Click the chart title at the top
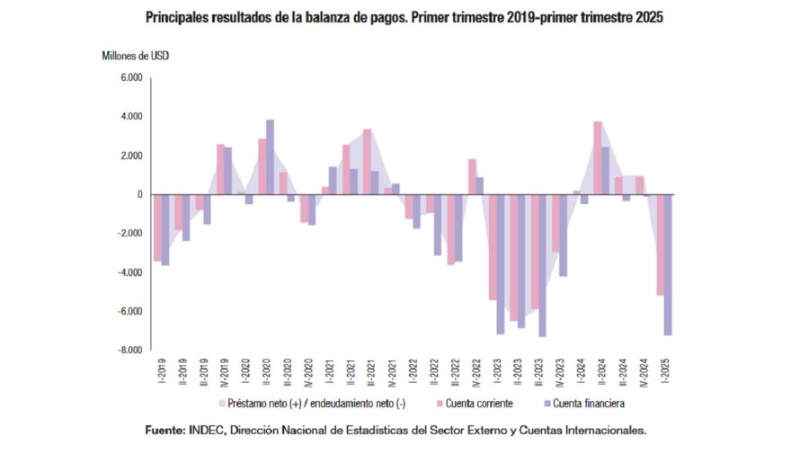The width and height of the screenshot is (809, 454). coord(404,17)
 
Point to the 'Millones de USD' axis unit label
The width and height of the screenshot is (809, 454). coord(135,56)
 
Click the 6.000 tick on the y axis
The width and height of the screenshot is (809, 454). coord(131,78)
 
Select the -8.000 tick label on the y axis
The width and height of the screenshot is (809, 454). coord(129,350)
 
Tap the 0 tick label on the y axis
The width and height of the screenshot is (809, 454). coord(139,194)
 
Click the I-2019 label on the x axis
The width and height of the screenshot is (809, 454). coord(162,371)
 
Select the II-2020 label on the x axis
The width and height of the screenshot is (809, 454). coord(266,371)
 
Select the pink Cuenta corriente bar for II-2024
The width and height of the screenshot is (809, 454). coord(598,158)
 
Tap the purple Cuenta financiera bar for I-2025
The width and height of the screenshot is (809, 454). coord(668,264)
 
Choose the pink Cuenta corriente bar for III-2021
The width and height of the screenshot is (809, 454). coord(367,162)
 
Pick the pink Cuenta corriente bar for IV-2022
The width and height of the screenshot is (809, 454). coord(472,176)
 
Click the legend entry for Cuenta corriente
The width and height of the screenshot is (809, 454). coord(476,404)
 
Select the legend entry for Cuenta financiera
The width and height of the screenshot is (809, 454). coord(584,404)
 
